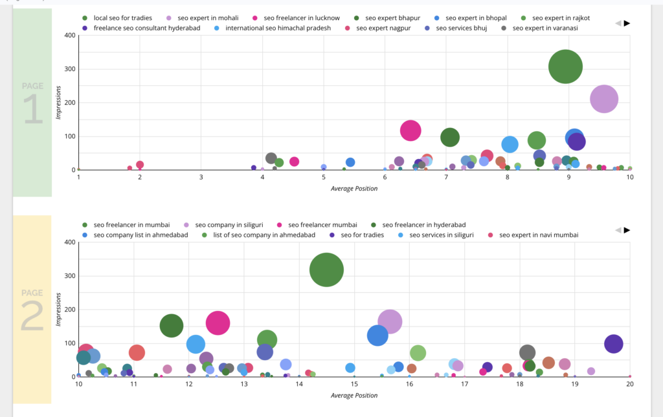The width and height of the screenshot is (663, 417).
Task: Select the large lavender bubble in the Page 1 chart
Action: click(x=604, y=99)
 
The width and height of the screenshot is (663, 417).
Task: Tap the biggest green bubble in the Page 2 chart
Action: click(x=326, y=270)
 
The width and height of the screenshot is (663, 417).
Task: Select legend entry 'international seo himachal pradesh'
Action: click(x=278, y=28)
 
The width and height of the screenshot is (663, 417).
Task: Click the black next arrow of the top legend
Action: click(x=627, y=23)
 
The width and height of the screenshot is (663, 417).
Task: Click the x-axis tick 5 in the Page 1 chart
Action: click(x=324, y=176)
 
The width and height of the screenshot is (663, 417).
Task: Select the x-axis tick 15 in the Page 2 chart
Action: click(x=354, y=383)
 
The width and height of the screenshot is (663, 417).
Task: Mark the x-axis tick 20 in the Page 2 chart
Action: click(x=629, y=383)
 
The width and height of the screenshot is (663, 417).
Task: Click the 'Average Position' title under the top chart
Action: click(x=354, y=188)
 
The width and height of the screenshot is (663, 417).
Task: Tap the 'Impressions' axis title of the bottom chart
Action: click(x=59, y=309)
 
